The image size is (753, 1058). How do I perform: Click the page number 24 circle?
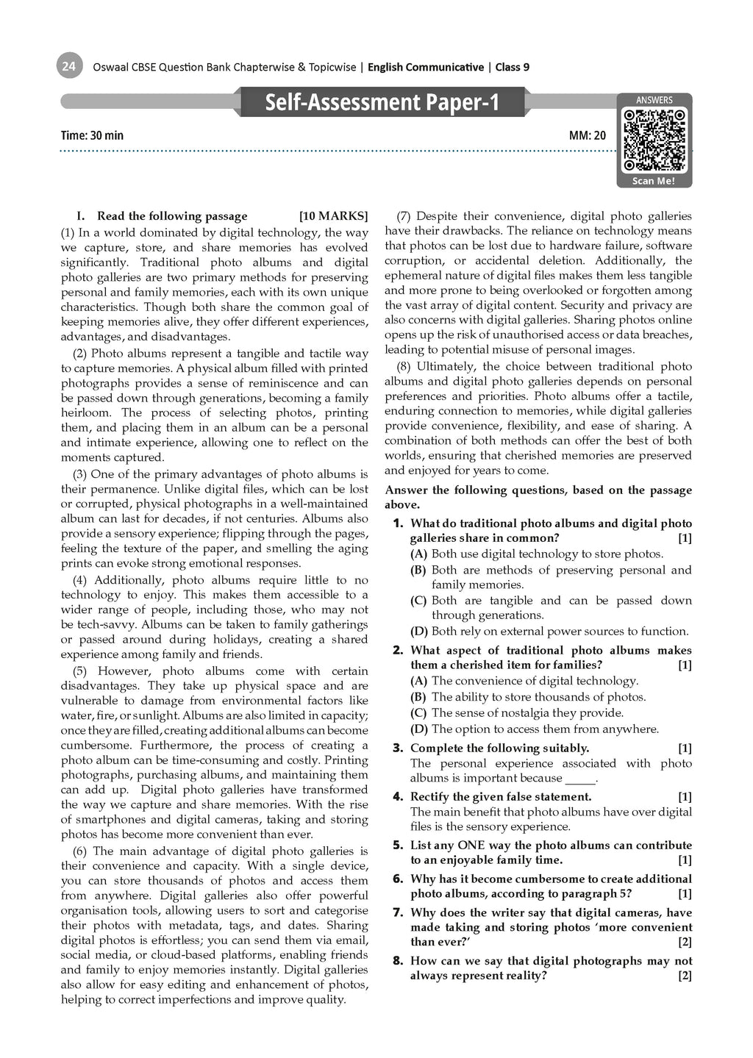[x=68, y=67]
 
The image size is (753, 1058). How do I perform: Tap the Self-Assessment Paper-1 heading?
[x=382, y=101]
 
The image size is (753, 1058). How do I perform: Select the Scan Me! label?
[x=654, y=181]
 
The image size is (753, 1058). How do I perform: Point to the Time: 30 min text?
[x=93, y=135]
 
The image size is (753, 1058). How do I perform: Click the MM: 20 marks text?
[x=588, y=135]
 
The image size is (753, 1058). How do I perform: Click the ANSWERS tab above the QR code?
[x=654, y=100]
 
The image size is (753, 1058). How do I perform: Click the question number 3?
[x=398, y=748]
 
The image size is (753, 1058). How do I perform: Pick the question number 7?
[x=398, y=912]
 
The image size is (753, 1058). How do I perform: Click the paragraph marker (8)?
[x=404, y=366]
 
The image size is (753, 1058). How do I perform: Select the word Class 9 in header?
[x=513, y=68]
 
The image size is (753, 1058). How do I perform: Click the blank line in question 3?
[x=579, y=779]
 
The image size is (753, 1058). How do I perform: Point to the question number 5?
[x=398, y=846]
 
